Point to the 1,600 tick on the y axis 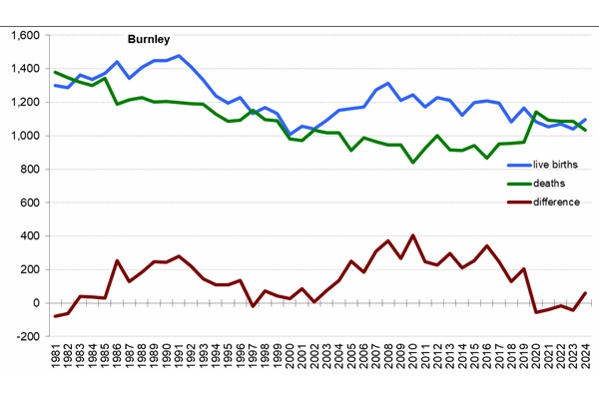click(23, 35)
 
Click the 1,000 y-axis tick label click(23, 136)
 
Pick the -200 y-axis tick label click(26, 337)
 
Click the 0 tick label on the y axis click(35, 303)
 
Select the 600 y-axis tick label click(29, 202)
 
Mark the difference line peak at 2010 click(413, 235)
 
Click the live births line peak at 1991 click(179, 56)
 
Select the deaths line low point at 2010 click(413, 162)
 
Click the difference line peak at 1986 click(117, 260)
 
